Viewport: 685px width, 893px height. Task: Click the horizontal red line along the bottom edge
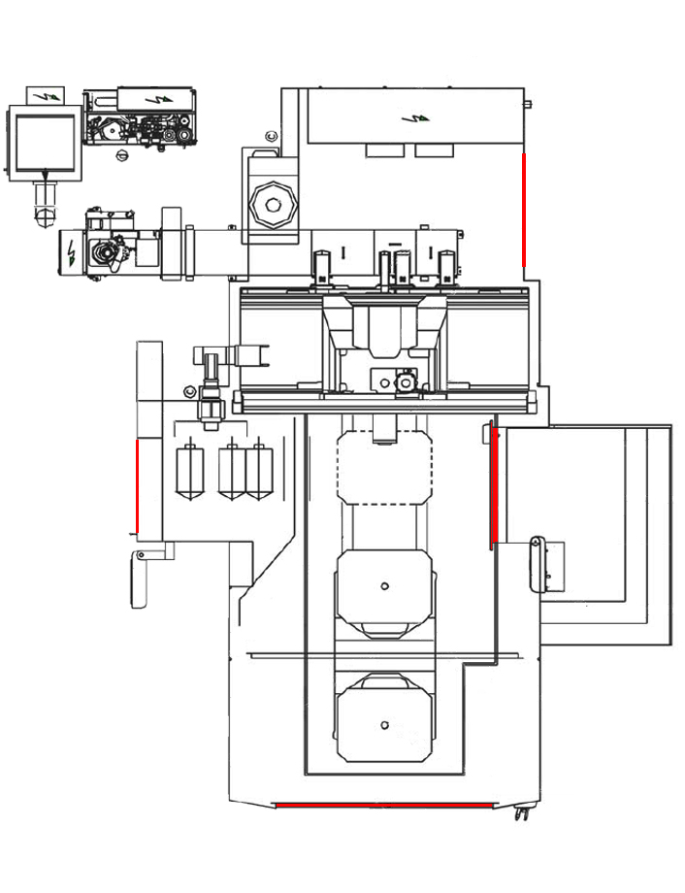pos(384,805)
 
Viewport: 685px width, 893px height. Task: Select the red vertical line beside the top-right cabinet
pos(524,209)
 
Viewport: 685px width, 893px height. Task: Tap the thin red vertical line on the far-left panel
pos(137,485)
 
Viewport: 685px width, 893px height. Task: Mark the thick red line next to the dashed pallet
pos(494,485)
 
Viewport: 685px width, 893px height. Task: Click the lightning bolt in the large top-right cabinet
pos(416,118)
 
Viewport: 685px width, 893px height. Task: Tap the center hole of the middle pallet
pos(384,585)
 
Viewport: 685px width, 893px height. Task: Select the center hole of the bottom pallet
pos(384,725)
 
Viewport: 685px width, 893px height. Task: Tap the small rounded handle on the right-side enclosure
pos(535,563)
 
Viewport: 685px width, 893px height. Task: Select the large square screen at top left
pos(42,141)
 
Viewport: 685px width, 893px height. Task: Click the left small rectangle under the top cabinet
pos(384,150)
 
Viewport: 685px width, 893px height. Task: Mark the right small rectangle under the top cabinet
pos(434,150)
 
